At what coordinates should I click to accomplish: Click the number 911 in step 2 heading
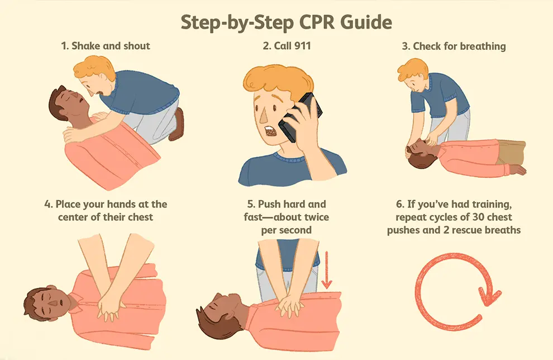tap(301, 46)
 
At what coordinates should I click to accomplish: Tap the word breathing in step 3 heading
tap(482, 46)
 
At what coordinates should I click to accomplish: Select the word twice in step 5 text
tap(311, 217)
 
